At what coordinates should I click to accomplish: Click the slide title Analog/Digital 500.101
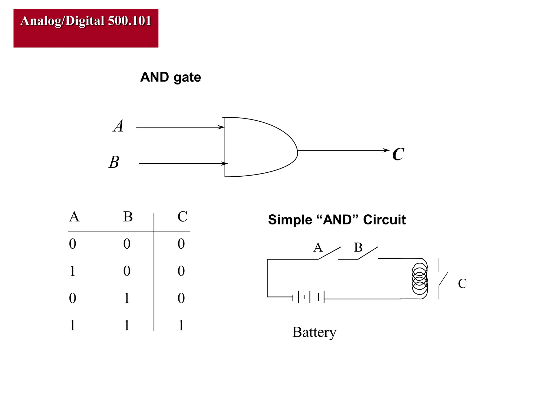coord(86,21)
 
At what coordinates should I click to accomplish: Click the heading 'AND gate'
coord(170,77)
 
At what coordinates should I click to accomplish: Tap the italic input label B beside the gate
coord(114,162)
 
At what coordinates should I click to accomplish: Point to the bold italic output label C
coord(398,154)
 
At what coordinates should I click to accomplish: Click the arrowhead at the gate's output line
coord(386,150)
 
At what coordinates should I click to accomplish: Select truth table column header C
coord(182,216)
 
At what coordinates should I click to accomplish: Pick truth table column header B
coord(128,216)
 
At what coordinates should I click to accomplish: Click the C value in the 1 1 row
coord(181,325)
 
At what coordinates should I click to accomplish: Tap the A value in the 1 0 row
coord(72,271)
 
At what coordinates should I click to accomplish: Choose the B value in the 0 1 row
coord(127,298)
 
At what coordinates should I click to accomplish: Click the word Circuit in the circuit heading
coord(384,220)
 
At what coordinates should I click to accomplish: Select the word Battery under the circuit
coord(314,332)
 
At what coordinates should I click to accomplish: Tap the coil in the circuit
coord(420,278)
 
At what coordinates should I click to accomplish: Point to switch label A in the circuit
coord(318,248)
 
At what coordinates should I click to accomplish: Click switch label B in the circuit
coord(358,248)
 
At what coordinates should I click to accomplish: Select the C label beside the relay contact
coord(462,283)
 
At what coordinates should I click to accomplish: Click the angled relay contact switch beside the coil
coord(443,279)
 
